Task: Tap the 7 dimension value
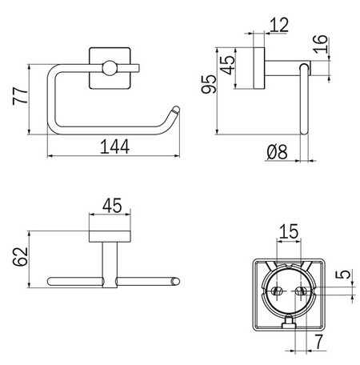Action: (x=319, y=343)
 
